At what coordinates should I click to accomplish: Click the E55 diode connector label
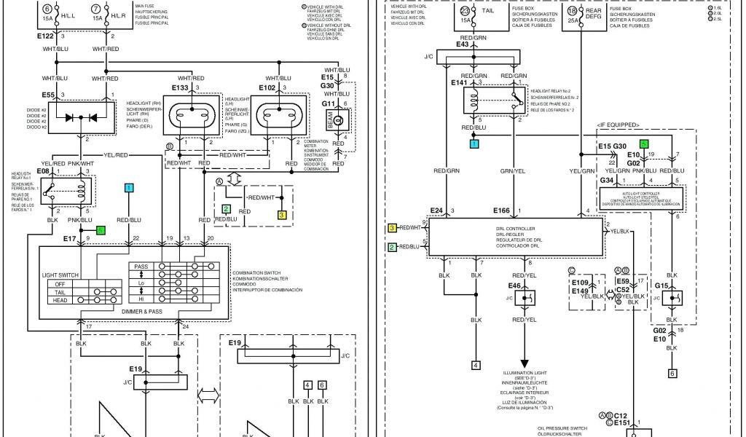pyautogui.click(x=48, y=95)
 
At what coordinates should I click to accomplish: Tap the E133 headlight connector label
pyautogui.click(x=180, y=88)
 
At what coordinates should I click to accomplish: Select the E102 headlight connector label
pyautogui.click(x=267, y=88)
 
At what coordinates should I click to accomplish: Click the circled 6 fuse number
pyautogui.click(x=48, y=9)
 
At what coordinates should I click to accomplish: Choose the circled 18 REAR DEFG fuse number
pyautogui.click(x=573, y=11)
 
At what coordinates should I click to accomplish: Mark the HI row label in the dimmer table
pyautogui.click(x=141, y=299)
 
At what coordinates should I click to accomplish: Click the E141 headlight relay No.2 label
pyautogui.click(x=460, y=83)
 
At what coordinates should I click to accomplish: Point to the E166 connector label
pyautogui.click(x=501, y=211)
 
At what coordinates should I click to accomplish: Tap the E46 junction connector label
pyautogui.click(x=514, y=286)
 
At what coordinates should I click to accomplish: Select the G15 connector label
pyautogui.click(x=662, y=286)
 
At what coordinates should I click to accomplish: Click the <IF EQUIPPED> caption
pyautogui.click(x=618, y=125)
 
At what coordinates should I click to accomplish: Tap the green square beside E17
pyautogui.click(x=101, y=230)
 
